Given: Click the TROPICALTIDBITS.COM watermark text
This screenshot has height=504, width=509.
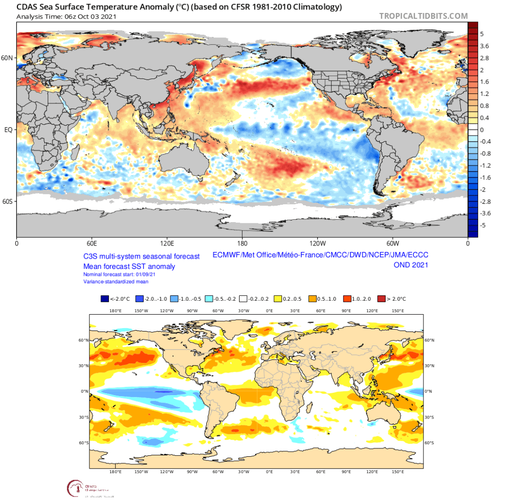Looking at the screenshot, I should coord(424,16).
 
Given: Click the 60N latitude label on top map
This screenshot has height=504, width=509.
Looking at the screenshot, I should coord(8,58).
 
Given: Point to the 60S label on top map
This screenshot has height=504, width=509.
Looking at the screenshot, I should coord(8,201).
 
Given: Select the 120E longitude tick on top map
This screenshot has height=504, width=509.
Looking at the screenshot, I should coord(167,244).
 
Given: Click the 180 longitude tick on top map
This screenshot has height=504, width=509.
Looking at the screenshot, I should coord(243,244).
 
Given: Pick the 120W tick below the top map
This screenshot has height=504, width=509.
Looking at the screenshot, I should coord(317,244).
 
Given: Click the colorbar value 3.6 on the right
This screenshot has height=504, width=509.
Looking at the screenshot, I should coord(485,46).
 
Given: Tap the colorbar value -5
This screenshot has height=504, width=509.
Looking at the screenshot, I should coord(483,226).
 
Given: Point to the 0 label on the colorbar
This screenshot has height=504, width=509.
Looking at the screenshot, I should coord(482,130).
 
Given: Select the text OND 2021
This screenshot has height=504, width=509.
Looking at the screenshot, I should coord(411,265).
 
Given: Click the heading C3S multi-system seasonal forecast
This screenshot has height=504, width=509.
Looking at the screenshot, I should coord(141,256).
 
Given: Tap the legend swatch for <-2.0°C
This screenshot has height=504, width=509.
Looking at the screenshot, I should coord(104,299).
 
